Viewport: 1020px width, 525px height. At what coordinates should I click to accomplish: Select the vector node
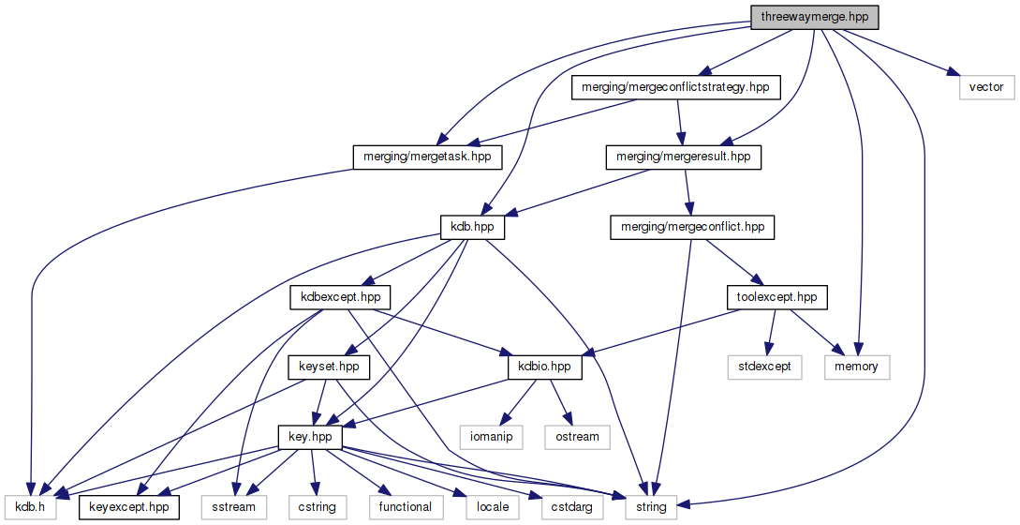pos(985,87)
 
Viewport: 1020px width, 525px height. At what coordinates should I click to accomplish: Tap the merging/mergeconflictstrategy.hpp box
pos(675,87)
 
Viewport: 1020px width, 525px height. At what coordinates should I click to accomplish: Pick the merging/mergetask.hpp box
pos(427,157)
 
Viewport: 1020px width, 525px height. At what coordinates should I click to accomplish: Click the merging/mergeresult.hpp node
pos(682,157)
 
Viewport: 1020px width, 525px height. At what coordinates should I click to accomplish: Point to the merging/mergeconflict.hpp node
pos(692,227)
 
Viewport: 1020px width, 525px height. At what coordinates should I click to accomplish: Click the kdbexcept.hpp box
pos(339,297)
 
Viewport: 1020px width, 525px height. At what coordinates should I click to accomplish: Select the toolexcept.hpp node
pos(777,297)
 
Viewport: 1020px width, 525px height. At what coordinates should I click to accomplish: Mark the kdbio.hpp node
pos(544,367)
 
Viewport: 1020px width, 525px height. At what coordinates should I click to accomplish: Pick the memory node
pos(856,367)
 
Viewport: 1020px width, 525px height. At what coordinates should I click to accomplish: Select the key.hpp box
pos(311,437)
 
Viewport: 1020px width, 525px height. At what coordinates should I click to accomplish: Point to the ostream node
pos(577,437)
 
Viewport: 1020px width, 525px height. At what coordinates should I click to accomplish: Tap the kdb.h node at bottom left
pos(31,507)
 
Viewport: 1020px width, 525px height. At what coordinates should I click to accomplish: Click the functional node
pos(405,507)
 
